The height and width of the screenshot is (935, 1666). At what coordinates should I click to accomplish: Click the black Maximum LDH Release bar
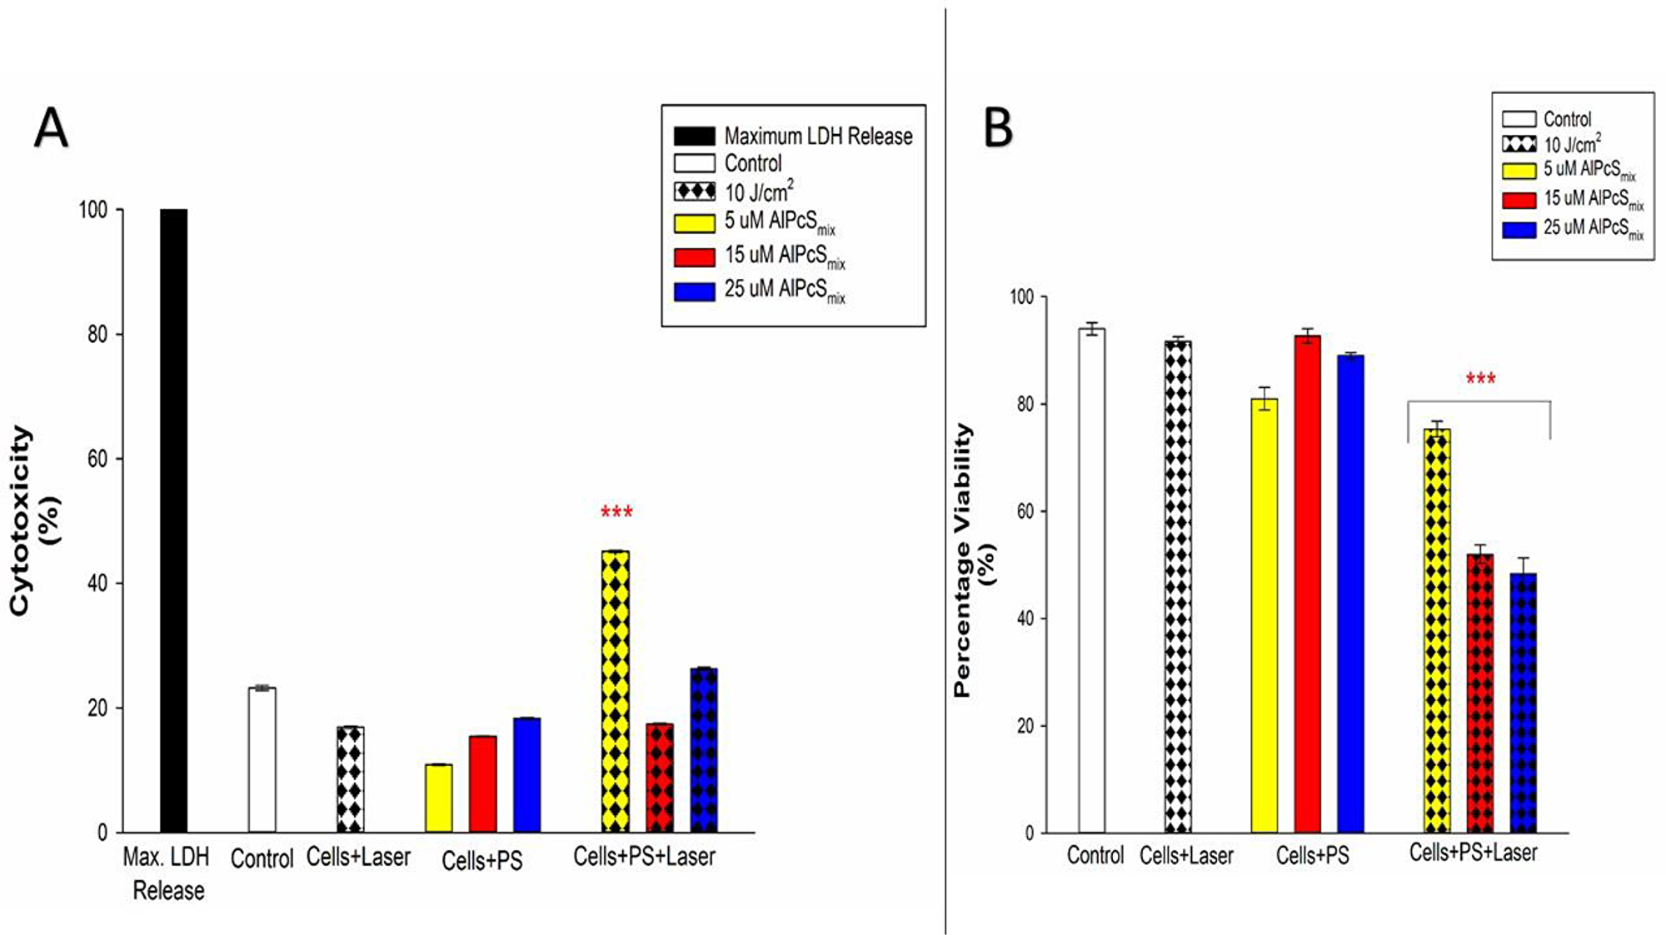(173, 520)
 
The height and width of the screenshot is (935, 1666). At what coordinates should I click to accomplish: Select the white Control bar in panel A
(262, 759)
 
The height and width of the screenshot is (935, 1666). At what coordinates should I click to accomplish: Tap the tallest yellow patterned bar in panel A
(616, 691)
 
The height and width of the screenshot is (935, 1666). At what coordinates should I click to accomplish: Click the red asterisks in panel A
(616, 512)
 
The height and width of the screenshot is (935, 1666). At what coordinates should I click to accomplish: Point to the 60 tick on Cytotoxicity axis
(97, 459)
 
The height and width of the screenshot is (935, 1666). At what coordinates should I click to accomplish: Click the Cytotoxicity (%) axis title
(33, 520)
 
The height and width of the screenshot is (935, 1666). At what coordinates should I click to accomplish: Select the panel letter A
(51, 129)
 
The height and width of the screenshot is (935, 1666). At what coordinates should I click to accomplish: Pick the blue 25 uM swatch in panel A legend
(694, 291)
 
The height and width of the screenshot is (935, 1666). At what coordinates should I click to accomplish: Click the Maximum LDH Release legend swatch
(694, 136)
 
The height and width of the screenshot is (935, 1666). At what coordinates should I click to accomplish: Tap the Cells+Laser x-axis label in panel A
(358, 857)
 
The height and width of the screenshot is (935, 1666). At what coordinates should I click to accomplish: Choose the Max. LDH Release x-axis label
(167, 873)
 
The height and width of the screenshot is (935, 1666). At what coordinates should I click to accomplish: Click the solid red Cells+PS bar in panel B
(1307, 583)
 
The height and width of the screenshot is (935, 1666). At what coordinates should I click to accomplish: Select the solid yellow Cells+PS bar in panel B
(1264, 616)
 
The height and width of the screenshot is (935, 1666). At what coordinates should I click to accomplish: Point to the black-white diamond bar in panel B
(1178, 587)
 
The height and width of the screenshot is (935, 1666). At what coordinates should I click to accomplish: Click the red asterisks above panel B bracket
(1480, 379)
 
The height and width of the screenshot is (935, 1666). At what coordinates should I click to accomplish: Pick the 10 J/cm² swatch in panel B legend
(1519, 144)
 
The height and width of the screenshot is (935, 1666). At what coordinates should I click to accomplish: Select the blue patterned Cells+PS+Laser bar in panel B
(1523, 704)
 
